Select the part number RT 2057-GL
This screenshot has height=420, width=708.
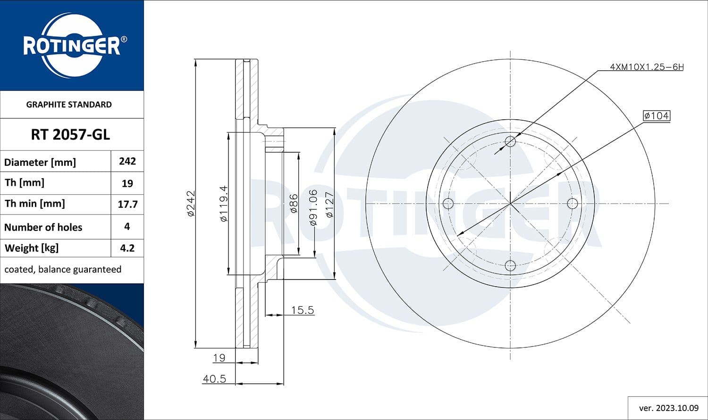[x=70, y=135]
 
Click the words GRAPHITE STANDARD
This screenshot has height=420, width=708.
[x=69, y=105]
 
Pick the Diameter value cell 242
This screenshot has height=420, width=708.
[x=127, y=161]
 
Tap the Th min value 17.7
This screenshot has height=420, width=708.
[x=127, y=204]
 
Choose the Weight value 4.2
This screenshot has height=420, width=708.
[x=127, y=248]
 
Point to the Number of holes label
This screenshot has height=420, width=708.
[x=43, y=227]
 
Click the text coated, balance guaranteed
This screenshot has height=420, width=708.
[x=63, y=270]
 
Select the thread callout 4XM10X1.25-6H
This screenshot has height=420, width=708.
[x=646, y=67]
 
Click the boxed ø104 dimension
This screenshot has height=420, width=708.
[x=657, y=115]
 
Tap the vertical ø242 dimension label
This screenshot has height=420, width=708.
[x=191, y=204]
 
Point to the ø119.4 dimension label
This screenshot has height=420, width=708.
[x=223, y=204]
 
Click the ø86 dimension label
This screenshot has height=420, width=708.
[x=294, y=204]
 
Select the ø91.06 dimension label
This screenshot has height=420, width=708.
[x=313, y=207]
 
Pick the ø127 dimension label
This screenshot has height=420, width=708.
[x=329, y=204]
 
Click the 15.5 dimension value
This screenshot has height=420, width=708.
[x=302, y=310]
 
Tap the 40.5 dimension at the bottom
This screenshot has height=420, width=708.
[x=214, y=379]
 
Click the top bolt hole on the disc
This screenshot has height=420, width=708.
[x=510, y=141]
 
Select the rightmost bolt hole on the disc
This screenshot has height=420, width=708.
[x=572, y=204]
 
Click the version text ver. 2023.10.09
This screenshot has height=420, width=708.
[x=668, y=408]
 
